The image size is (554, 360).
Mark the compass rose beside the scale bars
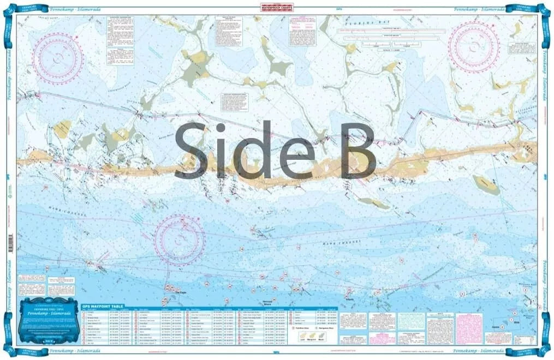474,46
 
